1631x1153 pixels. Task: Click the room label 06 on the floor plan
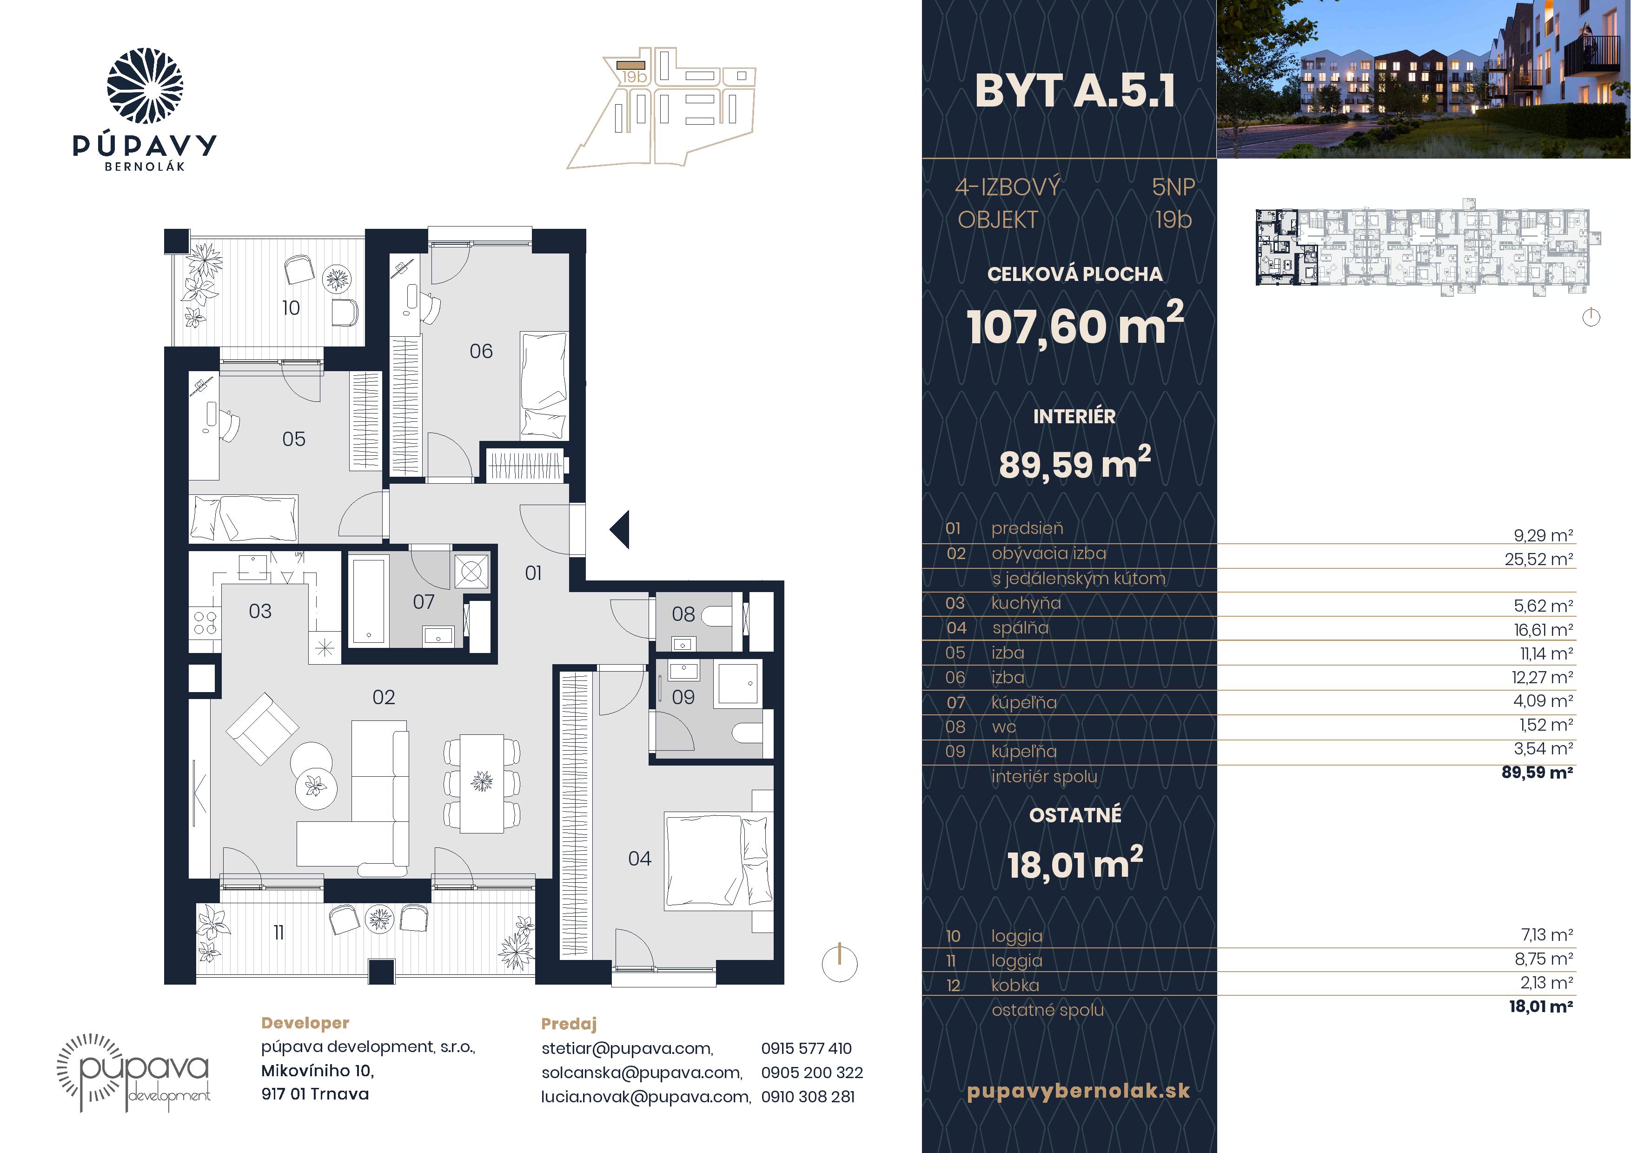(x=481, y=351)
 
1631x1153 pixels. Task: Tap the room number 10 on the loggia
(x=291, y=307)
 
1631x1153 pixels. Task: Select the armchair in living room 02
(x=262, y=728)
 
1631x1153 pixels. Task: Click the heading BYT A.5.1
(x=1075, y=91)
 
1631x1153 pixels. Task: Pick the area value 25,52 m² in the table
(x=1538, y=559)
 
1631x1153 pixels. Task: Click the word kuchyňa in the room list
(x=1026, y=603)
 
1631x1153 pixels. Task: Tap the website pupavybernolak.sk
(x=1078, y=1091)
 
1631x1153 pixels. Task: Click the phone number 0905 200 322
(x=812, y=1073)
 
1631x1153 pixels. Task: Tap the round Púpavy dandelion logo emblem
(x=145, y=86)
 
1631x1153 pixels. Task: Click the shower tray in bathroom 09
(x=739, y=683)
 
